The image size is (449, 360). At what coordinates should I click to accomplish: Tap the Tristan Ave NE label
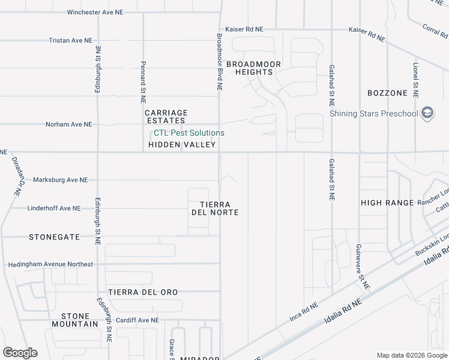point(71,40)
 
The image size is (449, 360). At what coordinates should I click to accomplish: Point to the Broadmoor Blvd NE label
point(220,62)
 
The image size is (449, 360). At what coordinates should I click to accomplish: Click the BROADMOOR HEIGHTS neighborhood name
point(250,67)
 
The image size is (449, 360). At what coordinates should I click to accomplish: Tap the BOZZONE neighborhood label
point(387,93)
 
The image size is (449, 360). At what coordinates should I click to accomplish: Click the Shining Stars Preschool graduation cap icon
point(427,113)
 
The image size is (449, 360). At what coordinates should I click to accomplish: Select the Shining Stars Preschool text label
point(373,113)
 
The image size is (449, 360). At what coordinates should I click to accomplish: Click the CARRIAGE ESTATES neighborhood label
point(166,116)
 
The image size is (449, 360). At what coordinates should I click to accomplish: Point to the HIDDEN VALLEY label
point(181,145)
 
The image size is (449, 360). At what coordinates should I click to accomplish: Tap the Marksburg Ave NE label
point(60,180)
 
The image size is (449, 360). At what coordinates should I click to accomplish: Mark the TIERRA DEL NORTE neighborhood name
point(215,208)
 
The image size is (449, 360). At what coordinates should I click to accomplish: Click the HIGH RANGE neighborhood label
point(387,203)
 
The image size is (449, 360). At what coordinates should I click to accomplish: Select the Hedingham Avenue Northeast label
point(50,265)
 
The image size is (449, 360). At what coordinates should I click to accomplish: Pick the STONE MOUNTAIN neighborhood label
point(79,320)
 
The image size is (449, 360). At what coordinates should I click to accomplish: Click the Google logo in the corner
point(20,352)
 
